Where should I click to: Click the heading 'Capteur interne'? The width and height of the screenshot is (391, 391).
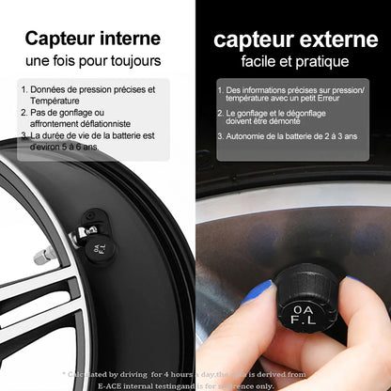(x=98, y=39)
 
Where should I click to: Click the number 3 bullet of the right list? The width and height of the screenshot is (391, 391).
(x=220, y=135)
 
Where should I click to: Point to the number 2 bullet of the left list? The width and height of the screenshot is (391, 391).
(x=23, y=113)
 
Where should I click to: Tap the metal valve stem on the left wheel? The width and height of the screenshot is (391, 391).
(x=42, y=257)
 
